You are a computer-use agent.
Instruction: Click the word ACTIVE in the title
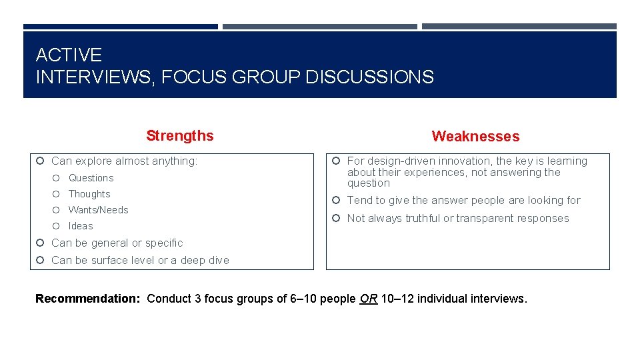tap(69, 55)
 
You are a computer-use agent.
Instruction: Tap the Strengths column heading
tap(180, 136)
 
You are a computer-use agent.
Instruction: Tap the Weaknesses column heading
tap(475, 137)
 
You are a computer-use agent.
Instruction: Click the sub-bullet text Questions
tap(91, 178)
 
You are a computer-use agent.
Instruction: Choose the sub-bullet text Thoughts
tap(89, 194)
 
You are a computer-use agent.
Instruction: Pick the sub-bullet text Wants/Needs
tap(99, 210)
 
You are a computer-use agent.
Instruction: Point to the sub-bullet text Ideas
tap(81, 226)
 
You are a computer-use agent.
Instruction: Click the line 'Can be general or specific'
tap(117, 243)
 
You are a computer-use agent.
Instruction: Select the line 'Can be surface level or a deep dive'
tap(140, 261)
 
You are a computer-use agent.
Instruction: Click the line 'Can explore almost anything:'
tap(125, 161)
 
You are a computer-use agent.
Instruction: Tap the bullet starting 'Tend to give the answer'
tap(463, 201)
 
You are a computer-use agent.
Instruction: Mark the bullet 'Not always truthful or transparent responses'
tap(458, 219)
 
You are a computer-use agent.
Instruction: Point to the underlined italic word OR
tap(368, 299)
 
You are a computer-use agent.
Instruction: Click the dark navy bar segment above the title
tap(121, 27)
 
